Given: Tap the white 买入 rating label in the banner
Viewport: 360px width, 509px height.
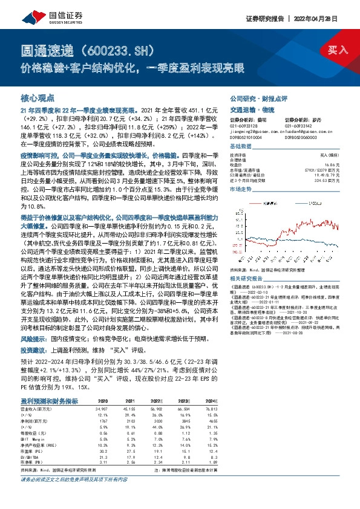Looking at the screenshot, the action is click(338, 50).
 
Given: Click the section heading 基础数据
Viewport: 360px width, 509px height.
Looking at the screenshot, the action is click(240, 147).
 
